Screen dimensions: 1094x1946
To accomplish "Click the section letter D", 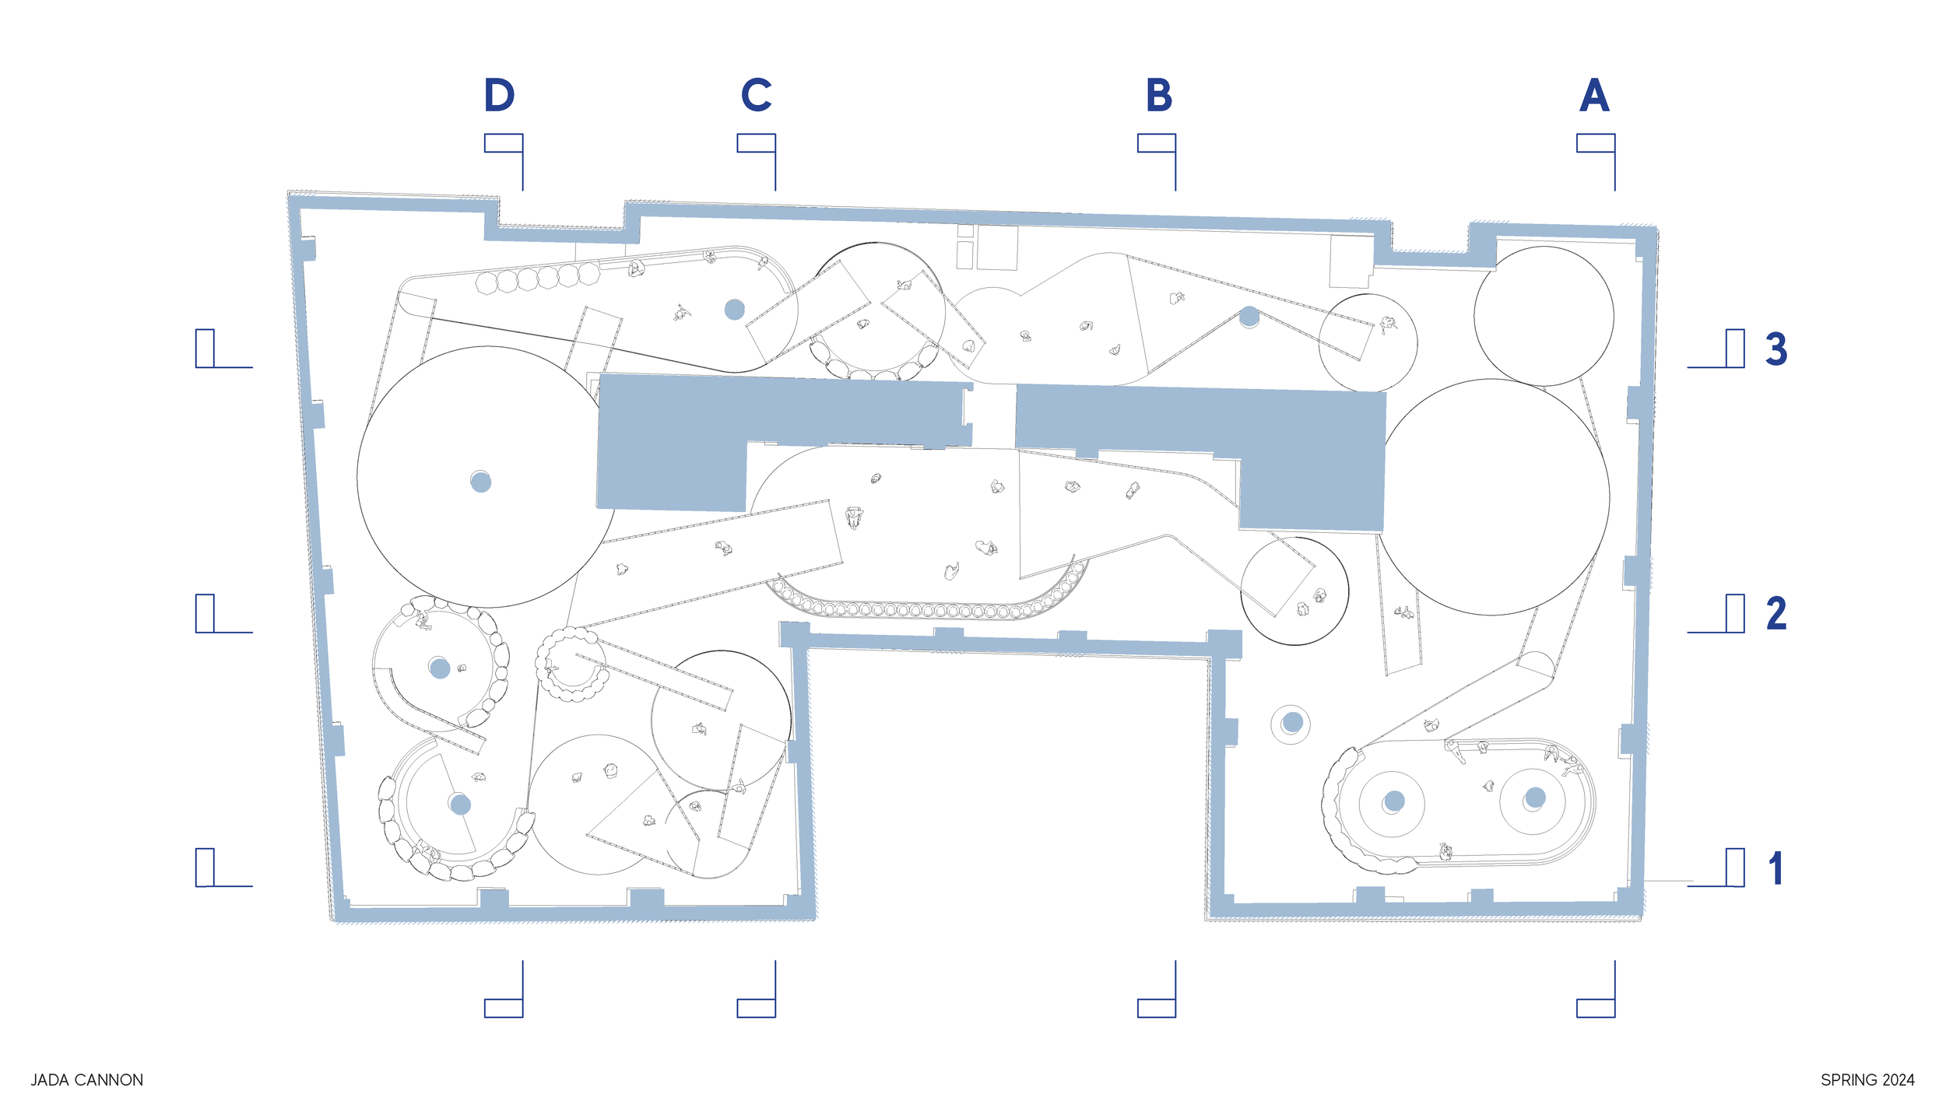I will (499, 95).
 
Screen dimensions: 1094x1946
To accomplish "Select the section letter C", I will (756, 95).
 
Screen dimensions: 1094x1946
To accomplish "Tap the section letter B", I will (1158, 95).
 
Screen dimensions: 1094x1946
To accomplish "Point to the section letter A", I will (1594, 95).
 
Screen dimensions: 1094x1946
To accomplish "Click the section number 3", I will (1776, 349).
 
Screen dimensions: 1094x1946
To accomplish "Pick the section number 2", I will (1776, 613).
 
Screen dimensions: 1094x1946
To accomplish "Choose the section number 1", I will (1776, 868).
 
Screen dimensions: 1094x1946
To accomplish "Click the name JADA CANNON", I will (86, 1080).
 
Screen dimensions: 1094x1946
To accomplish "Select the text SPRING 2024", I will (1867, 1080).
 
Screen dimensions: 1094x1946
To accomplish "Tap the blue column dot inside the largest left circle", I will (480, 482).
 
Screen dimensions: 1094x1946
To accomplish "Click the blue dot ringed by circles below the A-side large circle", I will (1292, 722).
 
